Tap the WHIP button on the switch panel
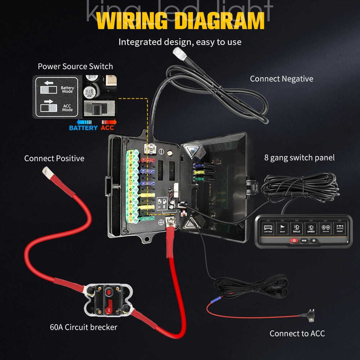tap(282, 228)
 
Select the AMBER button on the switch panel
tap(311, 228)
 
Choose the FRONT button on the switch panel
tap(340, 228)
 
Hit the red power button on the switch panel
tap(294, 240)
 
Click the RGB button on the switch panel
tap(304, 240)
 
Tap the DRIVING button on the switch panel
tap(325, 228)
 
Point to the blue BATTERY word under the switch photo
tap(83, 128)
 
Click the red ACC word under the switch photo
tap(107, 128)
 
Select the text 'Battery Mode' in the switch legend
tap(67, 90)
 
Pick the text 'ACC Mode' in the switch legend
tap(67, 108)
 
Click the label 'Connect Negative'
tap(282, 79)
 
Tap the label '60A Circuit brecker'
tap(84, 327)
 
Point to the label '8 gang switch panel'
tap(300, 157)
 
